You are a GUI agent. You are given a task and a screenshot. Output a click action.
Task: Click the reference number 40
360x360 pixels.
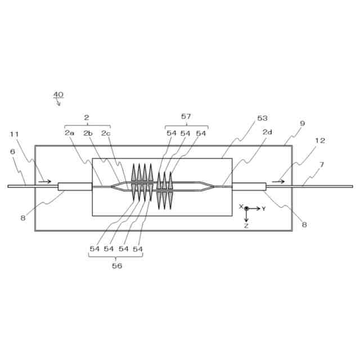[58, 94]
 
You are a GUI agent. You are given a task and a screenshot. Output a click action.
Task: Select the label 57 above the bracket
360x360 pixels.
[186, 116]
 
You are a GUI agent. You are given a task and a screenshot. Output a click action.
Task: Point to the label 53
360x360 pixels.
[262, 118]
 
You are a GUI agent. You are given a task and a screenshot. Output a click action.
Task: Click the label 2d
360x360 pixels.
[267, 132]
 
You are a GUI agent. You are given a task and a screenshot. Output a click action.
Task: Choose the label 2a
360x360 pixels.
[69, 133]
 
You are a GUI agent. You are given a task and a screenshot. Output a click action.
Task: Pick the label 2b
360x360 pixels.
[88, 133]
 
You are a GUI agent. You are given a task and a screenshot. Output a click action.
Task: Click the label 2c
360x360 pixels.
[106, 133]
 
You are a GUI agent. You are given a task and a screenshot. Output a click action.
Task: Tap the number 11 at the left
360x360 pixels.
[14, 134]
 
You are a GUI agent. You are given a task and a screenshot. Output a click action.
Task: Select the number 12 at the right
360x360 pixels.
[319, 141]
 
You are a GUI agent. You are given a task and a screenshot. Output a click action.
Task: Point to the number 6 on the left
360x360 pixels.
[12, 151]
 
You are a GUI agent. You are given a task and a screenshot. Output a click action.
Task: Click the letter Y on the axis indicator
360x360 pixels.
[264, 209]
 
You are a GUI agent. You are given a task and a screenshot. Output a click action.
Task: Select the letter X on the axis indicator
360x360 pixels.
[240, 207]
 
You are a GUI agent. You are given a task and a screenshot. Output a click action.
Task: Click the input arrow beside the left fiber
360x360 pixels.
[46, 181]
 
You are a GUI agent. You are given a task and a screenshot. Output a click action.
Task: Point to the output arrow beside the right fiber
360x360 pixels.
[278, 181]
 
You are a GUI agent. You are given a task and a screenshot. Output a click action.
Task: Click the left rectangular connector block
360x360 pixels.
[75, 186]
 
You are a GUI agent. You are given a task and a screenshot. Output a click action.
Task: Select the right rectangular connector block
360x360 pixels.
[249, 186]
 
